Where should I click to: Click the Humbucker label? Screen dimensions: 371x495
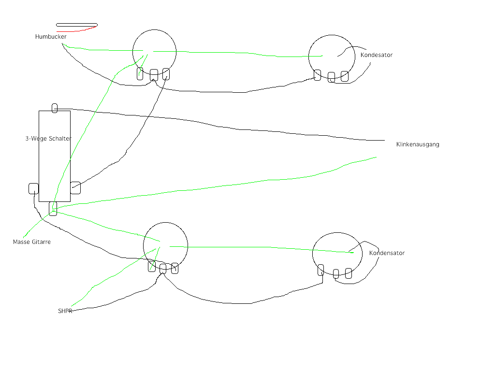pyautogui.click(x=51, y=37)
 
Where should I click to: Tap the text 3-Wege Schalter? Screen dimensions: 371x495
pyautogui.click(x=48, y=139)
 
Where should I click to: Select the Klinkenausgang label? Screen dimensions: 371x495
pyautogui.click(x=418, y=144)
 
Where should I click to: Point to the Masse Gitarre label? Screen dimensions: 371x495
pyautogui.click(x=32, y=242)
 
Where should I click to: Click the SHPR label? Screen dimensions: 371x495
pyautogui.click(x=65, y=311)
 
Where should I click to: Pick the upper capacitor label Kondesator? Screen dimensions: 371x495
pyautogui.click(x=377, y=55)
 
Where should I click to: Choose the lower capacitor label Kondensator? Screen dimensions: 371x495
pyautogui.click(x=387, y=253)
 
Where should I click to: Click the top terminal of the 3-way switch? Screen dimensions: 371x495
pyautogui.click(x=55, y=108)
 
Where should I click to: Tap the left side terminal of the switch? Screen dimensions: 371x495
pyautogui.click(x=33, y=188)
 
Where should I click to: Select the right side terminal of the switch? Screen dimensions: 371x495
pyautogui.click(x=75, y=188)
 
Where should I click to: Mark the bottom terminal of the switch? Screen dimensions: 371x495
pyautogui.click(x=53, y=209)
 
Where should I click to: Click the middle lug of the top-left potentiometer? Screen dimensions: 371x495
pyautogui.click(x=154, y=75)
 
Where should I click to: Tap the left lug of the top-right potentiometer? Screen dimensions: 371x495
pyautogui.click(x=317, y=75)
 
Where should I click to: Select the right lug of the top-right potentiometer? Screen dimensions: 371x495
pyautogui.click(x=345, y=76)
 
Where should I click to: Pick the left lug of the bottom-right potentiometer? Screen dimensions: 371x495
pyautogui.click(x=320, y=270)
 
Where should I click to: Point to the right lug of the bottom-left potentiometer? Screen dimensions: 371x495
pyautogui.click(x=175, y=268)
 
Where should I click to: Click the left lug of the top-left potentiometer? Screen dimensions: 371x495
pyautogui.click(x=140, y=73)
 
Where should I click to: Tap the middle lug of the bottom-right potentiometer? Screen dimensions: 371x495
pyautogui.click(x=336, y=274)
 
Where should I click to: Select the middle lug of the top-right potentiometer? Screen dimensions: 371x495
pyautogui.click(x=331, y=77)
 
